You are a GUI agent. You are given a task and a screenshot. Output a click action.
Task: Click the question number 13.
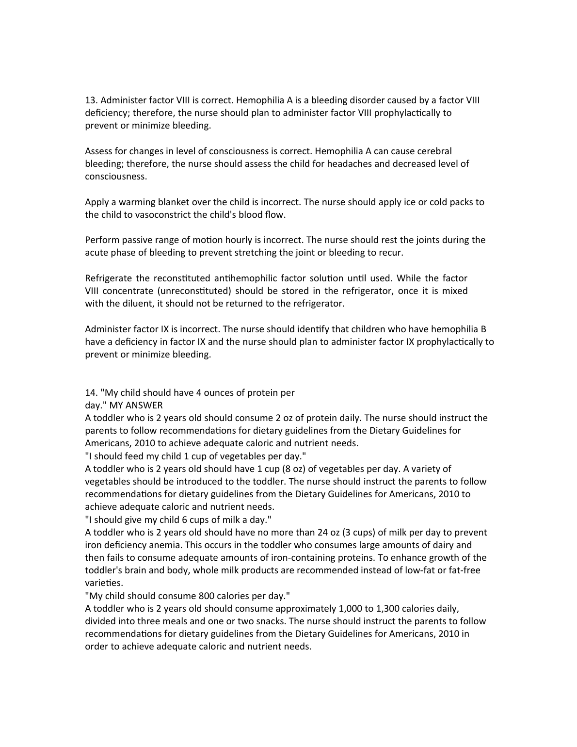[91, 100]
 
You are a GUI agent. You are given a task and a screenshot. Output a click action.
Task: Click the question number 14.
[91, 392]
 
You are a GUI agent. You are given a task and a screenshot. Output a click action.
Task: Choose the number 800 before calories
[207, 596]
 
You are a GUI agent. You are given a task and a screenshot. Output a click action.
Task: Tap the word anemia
[164, 545]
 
